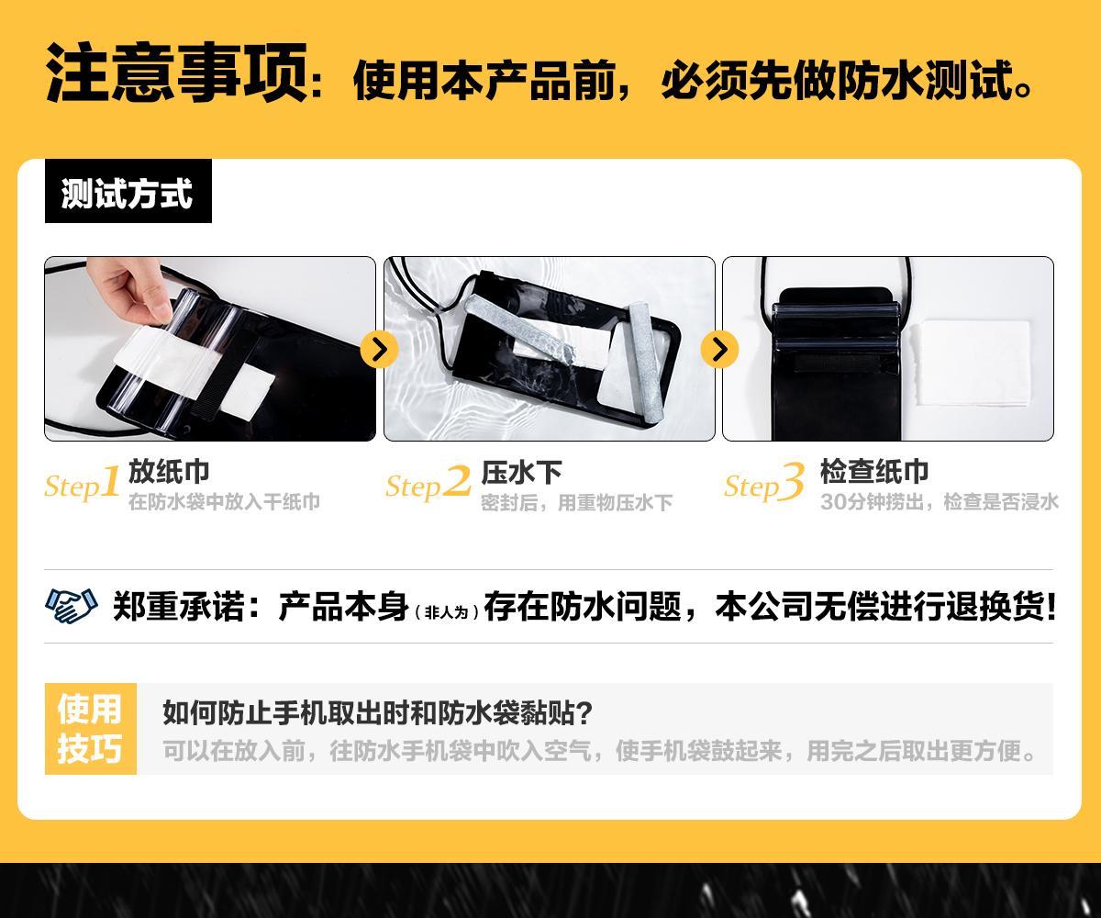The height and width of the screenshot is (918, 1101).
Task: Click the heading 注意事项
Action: (x=177, y=73)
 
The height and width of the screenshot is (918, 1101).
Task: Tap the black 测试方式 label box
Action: (x=128, y=191)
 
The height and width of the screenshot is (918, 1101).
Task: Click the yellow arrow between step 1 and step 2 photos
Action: (x=379, y=349)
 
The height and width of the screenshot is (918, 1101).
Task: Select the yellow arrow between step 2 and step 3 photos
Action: (x=719, y=349)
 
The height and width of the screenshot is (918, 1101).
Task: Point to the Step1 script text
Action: (x=83, y=483)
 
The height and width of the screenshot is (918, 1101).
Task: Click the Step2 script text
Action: (x=428, y=483)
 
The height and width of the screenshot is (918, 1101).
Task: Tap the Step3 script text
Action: (x=764, y=483)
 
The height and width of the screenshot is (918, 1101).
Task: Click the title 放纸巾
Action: (x=169, y=472)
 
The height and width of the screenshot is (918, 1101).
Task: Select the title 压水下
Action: (x=521, y=472)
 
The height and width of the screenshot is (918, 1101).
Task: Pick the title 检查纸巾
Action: (x=873, y=472)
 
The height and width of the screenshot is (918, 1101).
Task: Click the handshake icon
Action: (x=72, y=606)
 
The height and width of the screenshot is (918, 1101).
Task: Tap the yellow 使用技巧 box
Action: (x=91, y=729)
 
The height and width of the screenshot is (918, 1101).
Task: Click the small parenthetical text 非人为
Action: (x=446, y=612)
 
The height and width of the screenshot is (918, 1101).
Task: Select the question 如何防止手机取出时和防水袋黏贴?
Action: (x=377, y=712)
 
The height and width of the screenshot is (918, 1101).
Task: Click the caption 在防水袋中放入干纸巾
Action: (x=224, y=502)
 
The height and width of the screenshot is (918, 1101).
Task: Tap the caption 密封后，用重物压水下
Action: (x=577, y=503)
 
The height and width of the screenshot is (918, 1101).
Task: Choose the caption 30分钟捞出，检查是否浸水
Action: (x=940, y=502)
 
